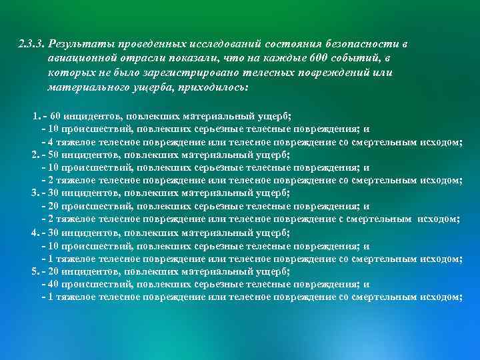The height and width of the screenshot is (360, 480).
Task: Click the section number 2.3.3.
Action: coord(32,44)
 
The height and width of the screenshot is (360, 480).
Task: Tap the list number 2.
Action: coord(35,155)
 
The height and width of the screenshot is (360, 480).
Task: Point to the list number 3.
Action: coord(35,193)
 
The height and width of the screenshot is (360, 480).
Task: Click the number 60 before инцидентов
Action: coord(55,117)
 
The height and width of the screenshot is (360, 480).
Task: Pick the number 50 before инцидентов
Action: coord(55,155)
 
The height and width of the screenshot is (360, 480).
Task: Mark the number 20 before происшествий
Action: coord(55,207)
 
